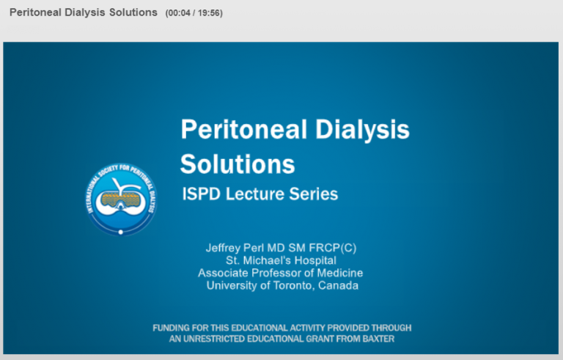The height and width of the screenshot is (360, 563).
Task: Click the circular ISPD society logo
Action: [121, 199]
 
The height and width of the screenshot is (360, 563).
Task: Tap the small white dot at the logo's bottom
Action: [121, 232]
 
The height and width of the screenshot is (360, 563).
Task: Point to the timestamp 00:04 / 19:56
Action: [194, 13]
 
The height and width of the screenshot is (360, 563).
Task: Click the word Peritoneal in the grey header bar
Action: [35, 12]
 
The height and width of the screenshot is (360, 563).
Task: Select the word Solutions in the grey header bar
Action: [133, 12]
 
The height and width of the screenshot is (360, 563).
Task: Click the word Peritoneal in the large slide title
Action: [244, 129]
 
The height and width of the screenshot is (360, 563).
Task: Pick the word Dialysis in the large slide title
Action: [362, 130]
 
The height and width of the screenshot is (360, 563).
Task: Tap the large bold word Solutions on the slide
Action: [238, 164]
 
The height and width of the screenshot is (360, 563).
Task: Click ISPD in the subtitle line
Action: [201, 194]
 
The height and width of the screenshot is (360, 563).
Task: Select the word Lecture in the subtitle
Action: [255, 194]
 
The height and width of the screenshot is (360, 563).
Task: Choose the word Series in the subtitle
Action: [314, 194]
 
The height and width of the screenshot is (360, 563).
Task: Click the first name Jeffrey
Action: [223, 248]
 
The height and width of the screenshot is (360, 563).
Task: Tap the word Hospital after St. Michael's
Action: [316, 260]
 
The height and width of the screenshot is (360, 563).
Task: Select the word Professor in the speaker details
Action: [276, 273]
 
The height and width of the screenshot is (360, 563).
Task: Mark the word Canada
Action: [338, 286]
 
